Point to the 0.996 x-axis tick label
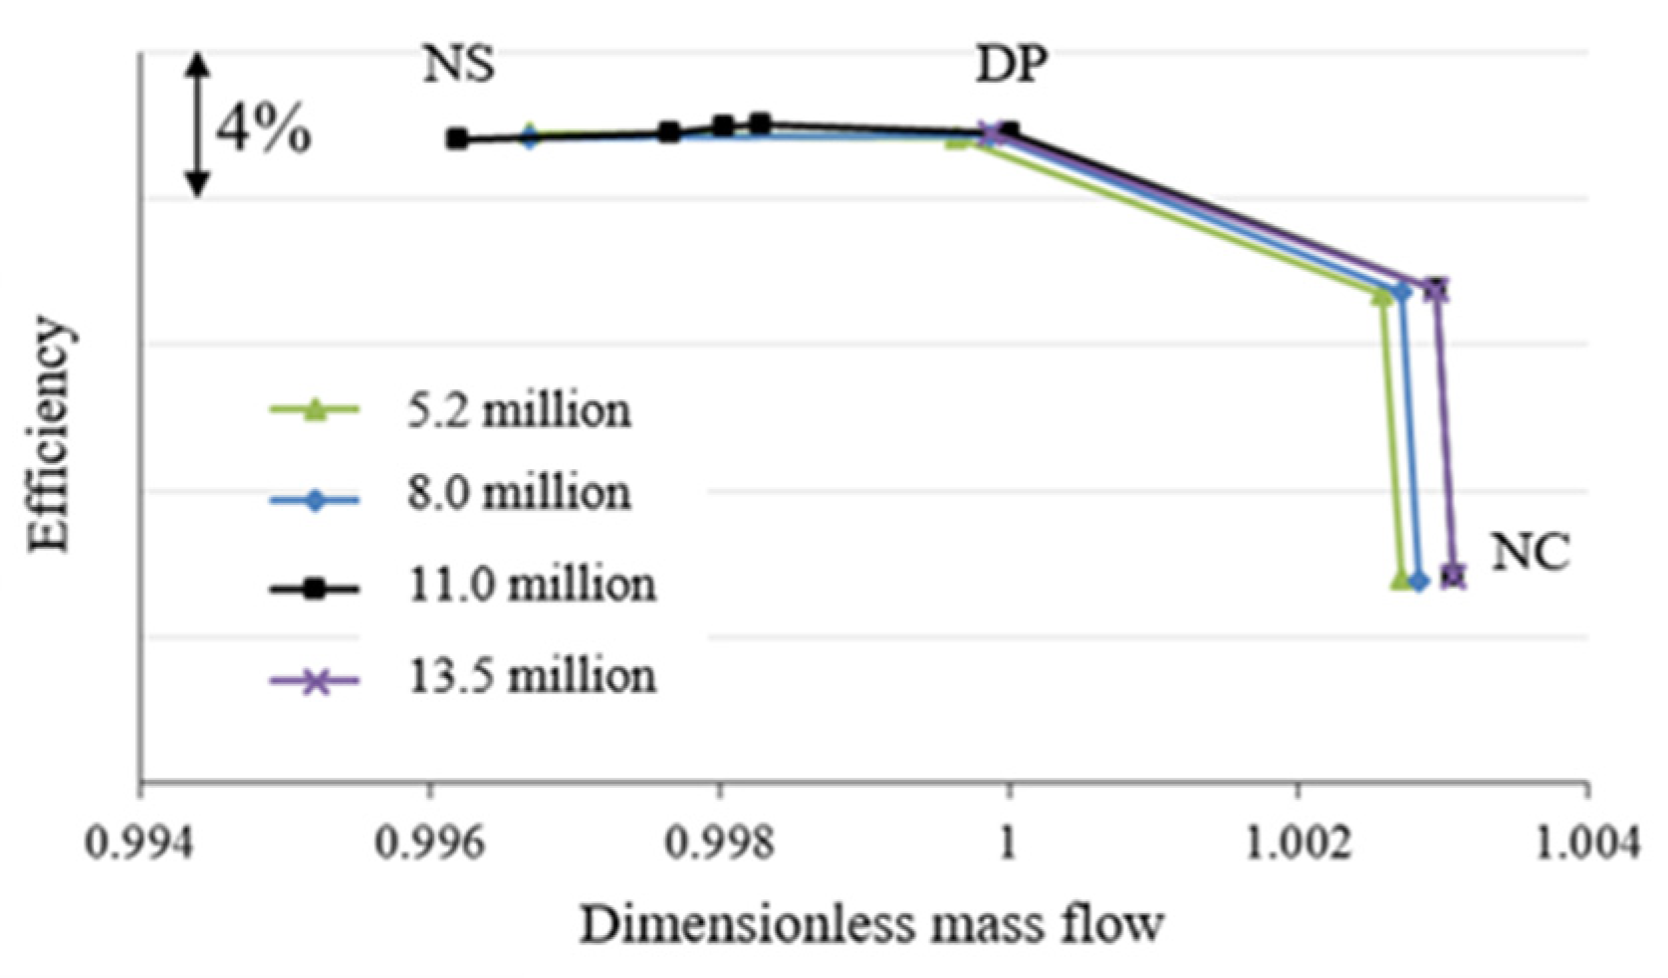tap(429, 843)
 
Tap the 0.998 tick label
tap(719, 843)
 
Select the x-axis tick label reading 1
tap(1008, 843)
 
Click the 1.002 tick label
tap(1298, 843)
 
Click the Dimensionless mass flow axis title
tap(871, 924)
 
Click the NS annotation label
tap(459, 66)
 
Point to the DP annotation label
tap(1011, 66)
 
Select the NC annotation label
tap(1530, 552)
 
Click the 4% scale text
tap(264, 129)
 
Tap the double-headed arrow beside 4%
tap(198, 124)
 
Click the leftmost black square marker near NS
tap(457, 138)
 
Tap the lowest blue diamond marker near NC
tap(1419, 581)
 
